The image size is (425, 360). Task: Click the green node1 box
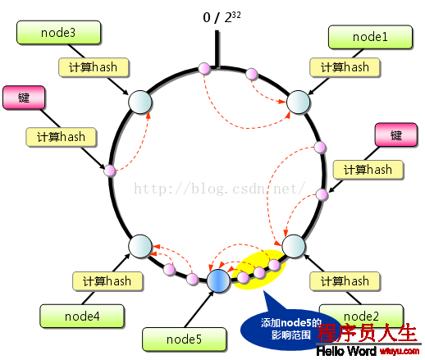370,37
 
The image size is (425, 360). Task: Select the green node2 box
361,317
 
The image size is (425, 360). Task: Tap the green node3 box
58,33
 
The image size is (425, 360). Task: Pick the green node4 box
82,317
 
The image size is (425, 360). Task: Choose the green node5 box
185,339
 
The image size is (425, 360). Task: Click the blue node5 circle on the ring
218,281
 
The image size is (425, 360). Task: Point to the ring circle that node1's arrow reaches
298,103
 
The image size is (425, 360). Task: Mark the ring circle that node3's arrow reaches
140,103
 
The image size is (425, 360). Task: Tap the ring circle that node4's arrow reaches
140,246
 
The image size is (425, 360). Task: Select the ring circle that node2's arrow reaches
294,246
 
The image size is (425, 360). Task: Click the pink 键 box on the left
24,98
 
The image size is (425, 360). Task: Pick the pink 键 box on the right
396,134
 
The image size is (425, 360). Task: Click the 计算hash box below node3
94,67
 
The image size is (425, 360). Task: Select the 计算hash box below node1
345,67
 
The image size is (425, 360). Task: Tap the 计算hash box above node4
107,281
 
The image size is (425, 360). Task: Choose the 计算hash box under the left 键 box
61,137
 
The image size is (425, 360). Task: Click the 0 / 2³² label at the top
222,17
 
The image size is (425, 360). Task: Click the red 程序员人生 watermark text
367,333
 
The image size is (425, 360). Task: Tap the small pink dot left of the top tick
204,68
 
